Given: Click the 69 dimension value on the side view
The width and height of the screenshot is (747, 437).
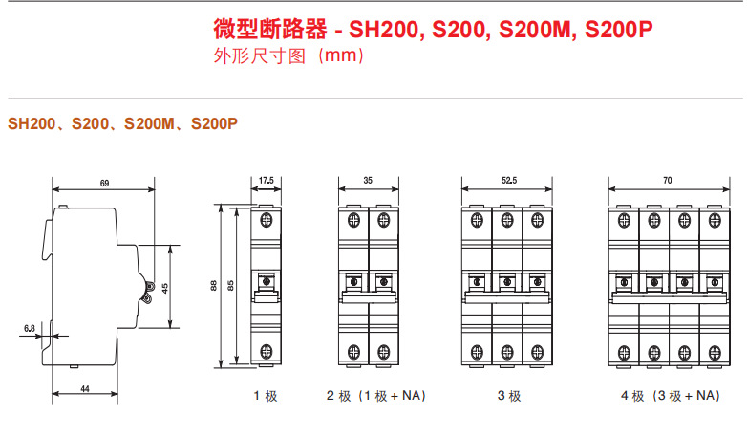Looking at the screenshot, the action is (x=104, y=184).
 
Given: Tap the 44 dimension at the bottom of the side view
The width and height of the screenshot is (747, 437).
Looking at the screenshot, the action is (x=85, y=389).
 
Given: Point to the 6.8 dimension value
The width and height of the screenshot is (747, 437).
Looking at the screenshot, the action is (x=30, y=328).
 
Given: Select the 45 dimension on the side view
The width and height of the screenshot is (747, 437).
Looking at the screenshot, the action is (x=165, y=288).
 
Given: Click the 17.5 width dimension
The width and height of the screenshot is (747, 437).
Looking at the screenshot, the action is (x=267, y=181).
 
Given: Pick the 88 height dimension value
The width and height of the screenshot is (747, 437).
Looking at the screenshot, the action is (x=213, y=285).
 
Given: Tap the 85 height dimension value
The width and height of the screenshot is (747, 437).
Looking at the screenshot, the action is (x=230, y=285).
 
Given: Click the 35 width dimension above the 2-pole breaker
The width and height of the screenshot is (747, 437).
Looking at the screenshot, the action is (x=368, y=181).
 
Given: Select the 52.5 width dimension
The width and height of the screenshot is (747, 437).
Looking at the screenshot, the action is (x=509, y=181).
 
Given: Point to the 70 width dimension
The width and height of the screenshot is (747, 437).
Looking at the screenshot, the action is (x=668, y=181).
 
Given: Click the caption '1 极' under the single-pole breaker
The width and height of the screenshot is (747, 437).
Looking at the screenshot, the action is (x=266, y=396).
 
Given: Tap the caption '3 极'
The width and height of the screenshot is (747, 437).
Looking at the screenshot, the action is (x=509, y=396).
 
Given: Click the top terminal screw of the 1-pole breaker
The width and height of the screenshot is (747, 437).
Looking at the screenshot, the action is (x=267, y=220).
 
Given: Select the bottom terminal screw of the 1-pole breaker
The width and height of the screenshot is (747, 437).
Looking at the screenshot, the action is (x=267, y=352).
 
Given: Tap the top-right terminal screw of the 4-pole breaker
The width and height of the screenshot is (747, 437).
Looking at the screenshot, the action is (x=715, y=220).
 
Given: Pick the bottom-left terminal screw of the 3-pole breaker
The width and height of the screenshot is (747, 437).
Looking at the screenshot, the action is (x=477, y=353).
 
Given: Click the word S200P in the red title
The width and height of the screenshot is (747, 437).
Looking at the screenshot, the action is (x=618, y=29).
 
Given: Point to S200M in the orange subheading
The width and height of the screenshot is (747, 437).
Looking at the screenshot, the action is (x=149, y=123).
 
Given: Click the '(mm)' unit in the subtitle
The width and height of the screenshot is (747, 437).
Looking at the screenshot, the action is (x=341, y=55).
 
